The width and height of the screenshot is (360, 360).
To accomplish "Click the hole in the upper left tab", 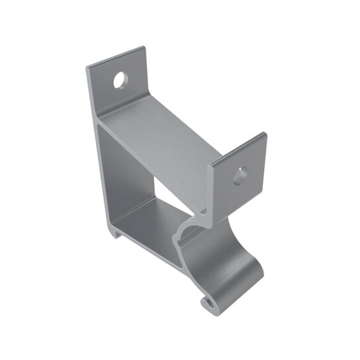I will coord(121,81).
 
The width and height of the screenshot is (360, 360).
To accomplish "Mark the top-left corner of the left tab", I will coord(89,66).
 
